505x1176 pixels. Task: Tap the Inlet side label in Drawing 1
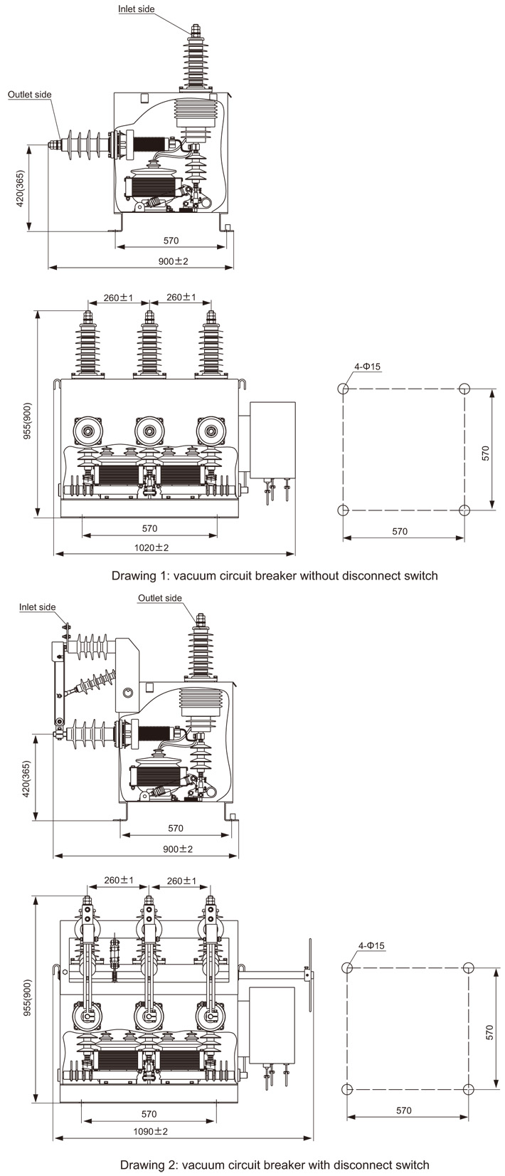136,9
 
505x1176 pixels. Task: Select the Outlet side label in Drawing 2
160,598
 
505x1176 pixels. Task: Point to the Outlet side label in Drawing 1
30,95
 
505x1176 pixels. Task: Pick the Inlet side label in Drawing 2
37,607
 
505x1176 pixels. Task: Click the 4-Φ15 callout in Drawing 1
368,367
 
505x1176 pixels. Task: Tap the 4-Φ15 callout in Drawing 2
371,945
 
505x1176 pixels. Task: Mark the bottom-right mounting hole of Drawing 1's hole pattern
464,510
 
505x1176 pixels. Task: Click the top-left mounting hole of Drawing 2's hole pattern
347,967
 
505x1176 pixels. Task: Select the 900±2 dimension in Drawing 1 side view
173,261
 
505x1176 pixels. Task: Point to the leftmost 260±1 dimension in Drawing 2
118,881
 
